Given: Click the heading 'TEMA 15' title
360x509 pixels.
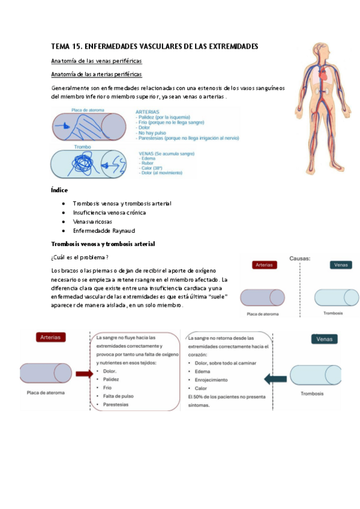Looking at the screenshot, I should tap(154, 46).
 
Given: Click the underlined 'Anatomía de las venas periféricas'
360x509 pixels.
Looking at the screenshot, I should tap(97, 61).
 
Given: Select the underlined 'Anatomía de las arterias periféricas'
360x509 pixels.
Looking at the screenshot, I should tap(97, 74).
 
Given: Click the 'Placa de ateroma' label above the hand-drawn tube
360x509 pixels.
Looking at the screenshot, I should tap(88, 110).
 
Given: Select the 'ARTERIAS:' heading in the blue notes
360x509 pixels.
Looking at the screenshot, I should tap(152, 112).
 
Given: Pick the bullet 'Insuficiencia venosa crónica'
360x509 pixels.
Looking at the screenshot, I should tap(109, 212).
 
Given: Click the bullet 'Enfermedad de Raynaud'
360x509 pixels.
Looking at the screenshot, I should tap(104, 230).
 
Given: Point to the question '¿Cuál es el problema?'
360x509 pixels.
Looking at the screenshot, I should tap(80, 257).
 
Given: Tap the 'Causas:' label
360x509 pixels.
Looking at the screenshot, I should tap(299, 258).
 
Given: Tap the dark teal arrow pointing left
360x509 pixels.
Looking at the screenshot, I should tap(275, 379).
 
